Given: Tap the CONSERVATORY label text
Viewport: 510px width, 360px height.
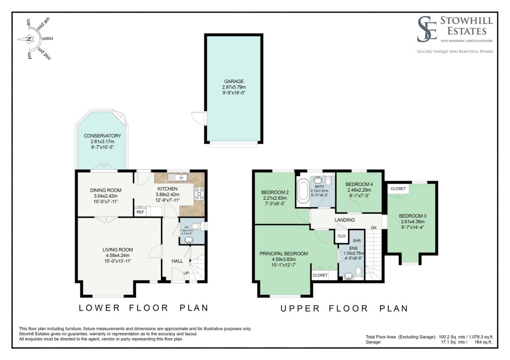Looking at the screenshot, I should pyautogui.click(x=102, y=136).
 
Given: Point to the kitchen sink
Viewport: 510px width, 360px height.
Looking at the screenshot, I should pyautogui.click(x=177, y=177).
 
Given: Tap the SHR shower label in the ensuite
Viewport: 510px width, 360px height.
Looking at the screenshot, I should pyautogui.click(x=356, y=240).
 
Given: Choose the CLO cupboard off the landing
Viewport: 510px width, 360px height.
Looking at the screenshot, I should pyautogui.click(x=342, y=236).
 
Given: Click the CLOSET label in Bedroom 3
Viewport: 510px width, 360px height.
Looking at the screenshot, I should pyautogui.click(x=398, y=189).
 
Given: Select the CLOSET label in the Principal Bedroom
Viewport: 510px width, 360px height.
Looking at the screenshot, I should pyautogui.click(x=320, y=275).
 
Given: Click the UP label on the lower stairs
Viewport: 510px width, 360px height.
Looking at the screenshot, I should pyautogui.click(x=186, y=273).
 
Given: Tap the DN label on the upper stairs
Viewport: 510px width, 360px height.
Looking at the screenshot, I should pyautogui.click(x=374, y=229).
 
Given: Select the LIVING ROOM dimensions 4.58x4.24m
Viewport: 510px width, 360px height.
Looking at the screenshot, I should pyautogui.click(x=119, y=256).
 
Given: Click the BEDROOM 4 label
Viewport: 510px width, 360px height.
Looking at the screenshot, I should pyautogui.click(x=360, y=184).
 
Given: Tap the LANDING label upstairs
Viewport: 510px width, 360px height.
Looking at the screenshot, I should pyautogui.click(x=345, y=220).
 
